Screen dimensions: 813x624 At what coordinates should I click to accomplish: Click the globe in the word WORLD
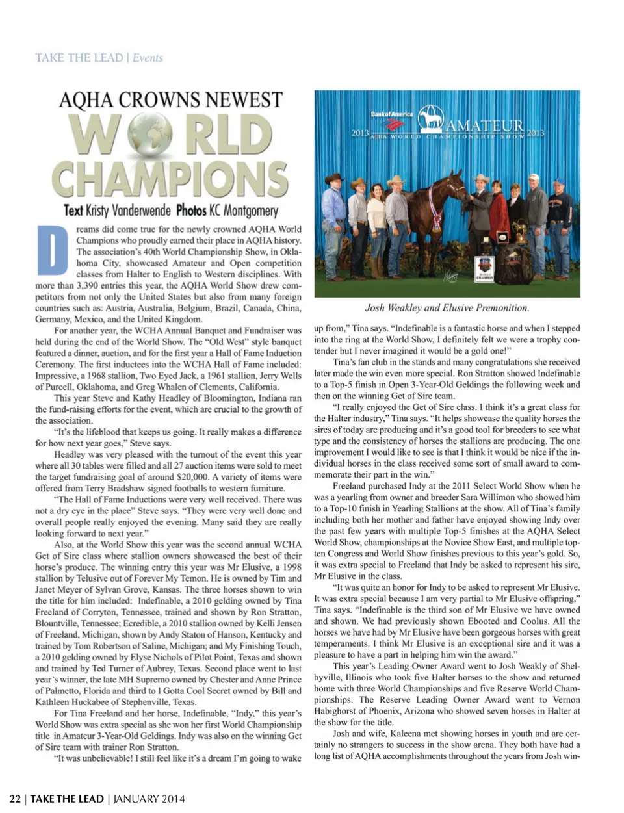pos(150,134)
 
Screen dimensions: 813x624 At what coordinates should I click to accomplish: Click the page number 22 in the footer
pos(15,799)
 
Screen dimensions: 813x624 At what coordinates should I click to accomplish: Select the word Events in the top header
pos(148,58)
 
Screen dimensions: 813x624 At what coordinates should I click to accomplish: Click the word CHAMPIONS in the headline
pos(170,178)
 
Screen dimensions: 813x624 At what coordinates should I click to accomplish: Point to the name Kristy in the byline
pos(97,211)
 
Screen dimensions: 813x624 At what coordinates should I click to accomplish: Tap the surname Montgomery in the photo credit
pos(250,211)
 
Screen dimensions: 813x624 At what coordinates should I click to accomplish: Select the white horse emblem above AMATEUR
pos(430,118)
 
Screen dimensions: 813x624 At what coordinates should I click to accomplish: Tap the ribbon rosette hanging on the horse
pos(435,220)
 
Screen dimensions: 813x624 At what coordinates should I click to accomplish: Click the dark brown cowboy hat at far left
pos(334,177)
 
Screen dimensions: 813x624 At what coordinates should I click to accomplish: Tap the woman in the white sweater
pos(376,214)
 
